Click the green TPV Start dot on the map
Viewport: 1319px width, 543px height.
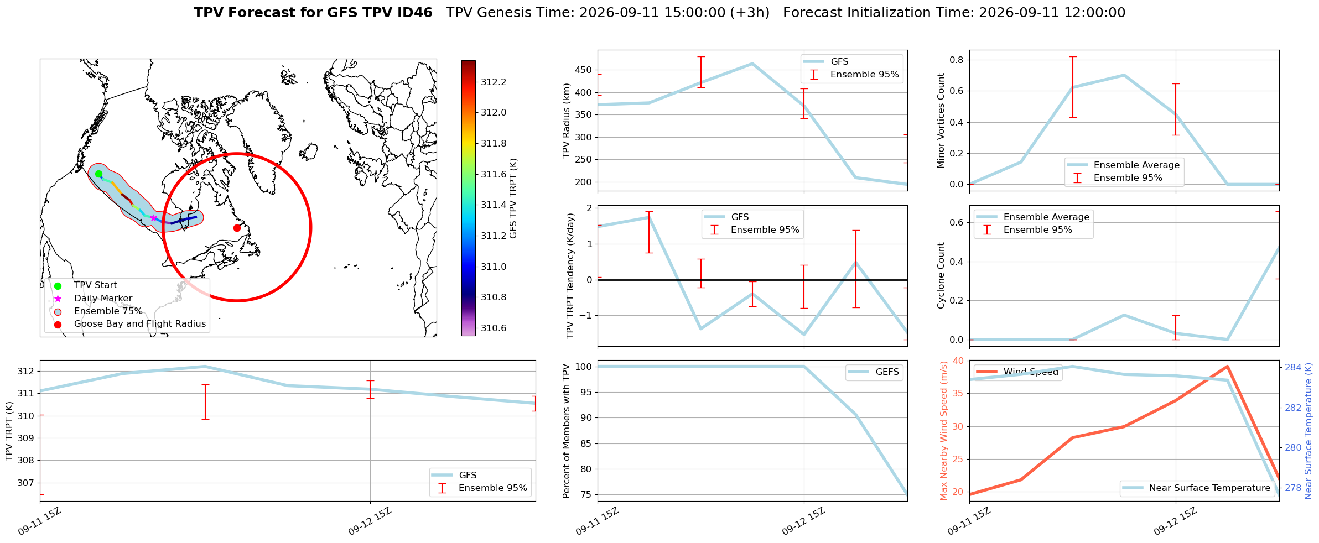coord(98,174)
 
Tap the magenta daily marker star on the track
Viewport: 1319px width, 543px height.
coord(153,218)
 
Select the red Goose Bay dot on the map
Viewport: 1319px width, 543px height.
coord(237,228)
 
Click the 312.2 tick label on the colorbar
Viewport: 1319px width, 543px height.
coord(494,82)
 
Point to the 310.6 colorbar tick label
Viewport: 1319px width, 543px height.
coord(494,328)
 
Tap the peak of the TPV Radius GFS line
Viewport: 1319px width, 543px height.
coord(752,64)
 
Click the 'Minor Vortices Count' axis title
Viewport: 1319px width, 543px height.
coord(941,121)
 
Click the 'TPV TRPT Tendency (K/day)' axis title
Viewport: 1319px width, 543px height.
coord(570,276)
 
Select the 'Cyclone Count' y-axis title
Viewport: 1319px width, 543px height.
coord(941,275)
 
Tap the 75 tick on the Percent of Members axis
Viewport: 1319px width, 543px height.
coord(585,495)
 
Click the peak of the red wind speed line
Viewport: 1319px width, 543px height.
coord(1227,367)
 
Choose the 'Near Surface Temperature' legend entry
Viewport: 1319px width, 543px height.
coord(1210,488)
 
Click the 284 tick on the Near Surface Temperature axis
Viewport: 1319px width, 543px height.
coord(1293,367)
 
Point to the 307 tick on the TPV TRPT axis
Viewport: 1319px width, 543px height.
coord(25,483)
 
